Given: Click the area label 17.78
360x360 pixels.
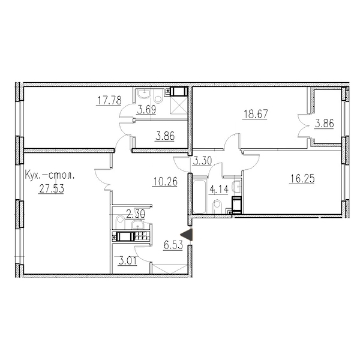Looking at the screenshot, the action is click(x=109, y=100).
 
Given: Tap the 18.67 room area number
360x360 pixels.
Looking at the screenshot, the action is click(x=256, y=114).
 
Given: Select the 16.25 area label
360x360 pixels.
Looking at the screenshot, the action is click(x=302, y=179).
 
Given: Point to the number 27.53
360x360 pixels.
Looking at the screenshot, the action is click(x=52, y=189).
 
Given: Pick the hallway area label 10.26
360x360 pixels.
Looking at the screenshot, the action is click(x=165, y=182).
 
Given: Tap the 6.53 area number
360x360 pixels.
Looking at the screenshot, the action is click(x=173, y=245).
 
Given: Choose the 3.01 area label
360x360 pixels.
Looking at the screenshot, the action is click(x=127, y=261).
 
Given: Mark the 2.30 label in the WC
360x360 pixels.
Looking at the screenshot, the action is click(x=136, y=214).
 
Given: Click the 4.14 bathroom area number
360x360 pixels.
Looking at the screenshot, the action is click(x=218, y=190).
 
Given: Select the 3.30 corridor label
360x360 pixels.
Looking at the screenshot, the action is click(x=202, y=161).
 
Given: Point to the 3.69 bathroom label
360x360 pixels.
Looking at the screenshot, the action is click(x=146, y=110).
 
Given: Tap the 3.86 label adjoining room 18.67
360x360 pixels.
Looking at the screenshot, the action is click(x=324, y=124).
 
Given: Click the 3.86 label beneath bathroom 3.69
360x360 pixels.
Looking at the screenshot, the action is click(x=165, y=136).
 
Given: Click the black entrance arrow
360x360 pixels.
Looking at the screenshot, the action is click(x=187, y=235).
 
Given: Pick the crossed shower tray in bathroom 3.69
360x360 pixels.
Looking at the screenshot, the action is click(x=179, y=105).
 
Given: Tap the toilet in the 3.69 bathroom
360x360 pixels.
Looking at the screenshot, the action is click(x=158, y=97).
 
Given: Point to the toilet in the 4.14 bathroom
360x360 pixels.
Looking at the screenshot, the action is click(x=217, y=206).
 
